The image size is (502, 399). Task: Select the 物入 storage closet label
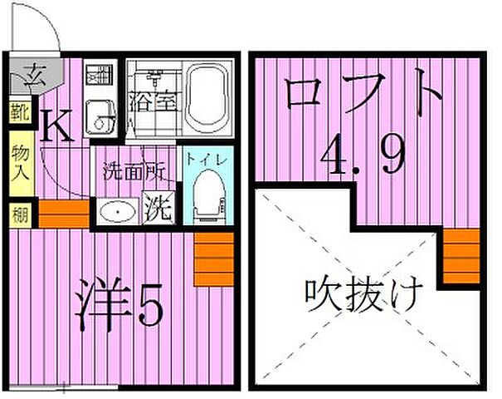point(18,163)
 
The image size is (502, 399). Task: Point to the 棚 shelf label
point(18,214)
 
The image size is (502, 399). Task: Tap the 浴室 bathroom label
point(154,106)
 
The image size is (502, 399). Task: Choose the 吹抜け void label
point(363,293)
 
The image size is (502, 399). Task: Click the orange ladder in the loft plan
point(461,256)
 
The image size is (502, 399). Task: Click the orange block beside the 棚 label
point(63,214)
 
